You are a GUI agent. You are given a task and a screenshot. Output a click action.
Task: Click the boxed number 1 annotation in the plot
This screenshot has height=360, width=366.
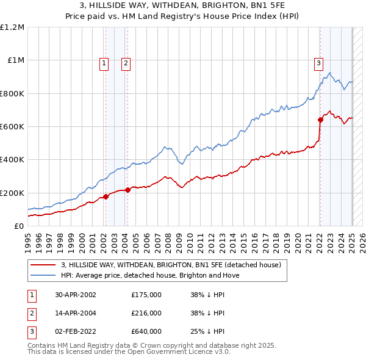[105, 62]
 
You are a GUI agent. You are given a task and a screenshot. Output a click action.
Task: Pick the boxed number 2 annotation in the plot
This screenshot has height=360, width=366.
[126, 62]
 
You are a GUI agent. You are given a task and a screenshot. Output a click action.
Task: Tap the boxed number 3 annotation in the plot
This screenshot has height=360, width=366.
[318, 62]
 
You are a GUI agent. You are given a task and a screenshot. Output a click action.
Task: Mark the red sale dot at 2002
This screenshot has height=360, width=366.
[106, 196]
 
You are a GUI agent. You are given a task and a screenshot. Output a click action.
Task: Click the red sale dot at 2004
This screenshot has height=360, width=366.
[127, 190]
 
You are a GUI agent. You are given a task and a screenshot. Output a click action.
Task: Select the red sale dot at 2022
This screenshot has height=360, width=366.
[320, 120]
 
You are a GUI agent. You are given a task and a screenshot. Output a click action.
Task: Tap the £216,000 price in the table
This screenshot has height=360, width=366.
[146, 312]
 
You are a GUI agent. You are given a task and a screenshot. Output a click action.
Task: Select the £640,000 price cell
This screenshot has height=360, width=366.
[146, 331]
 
